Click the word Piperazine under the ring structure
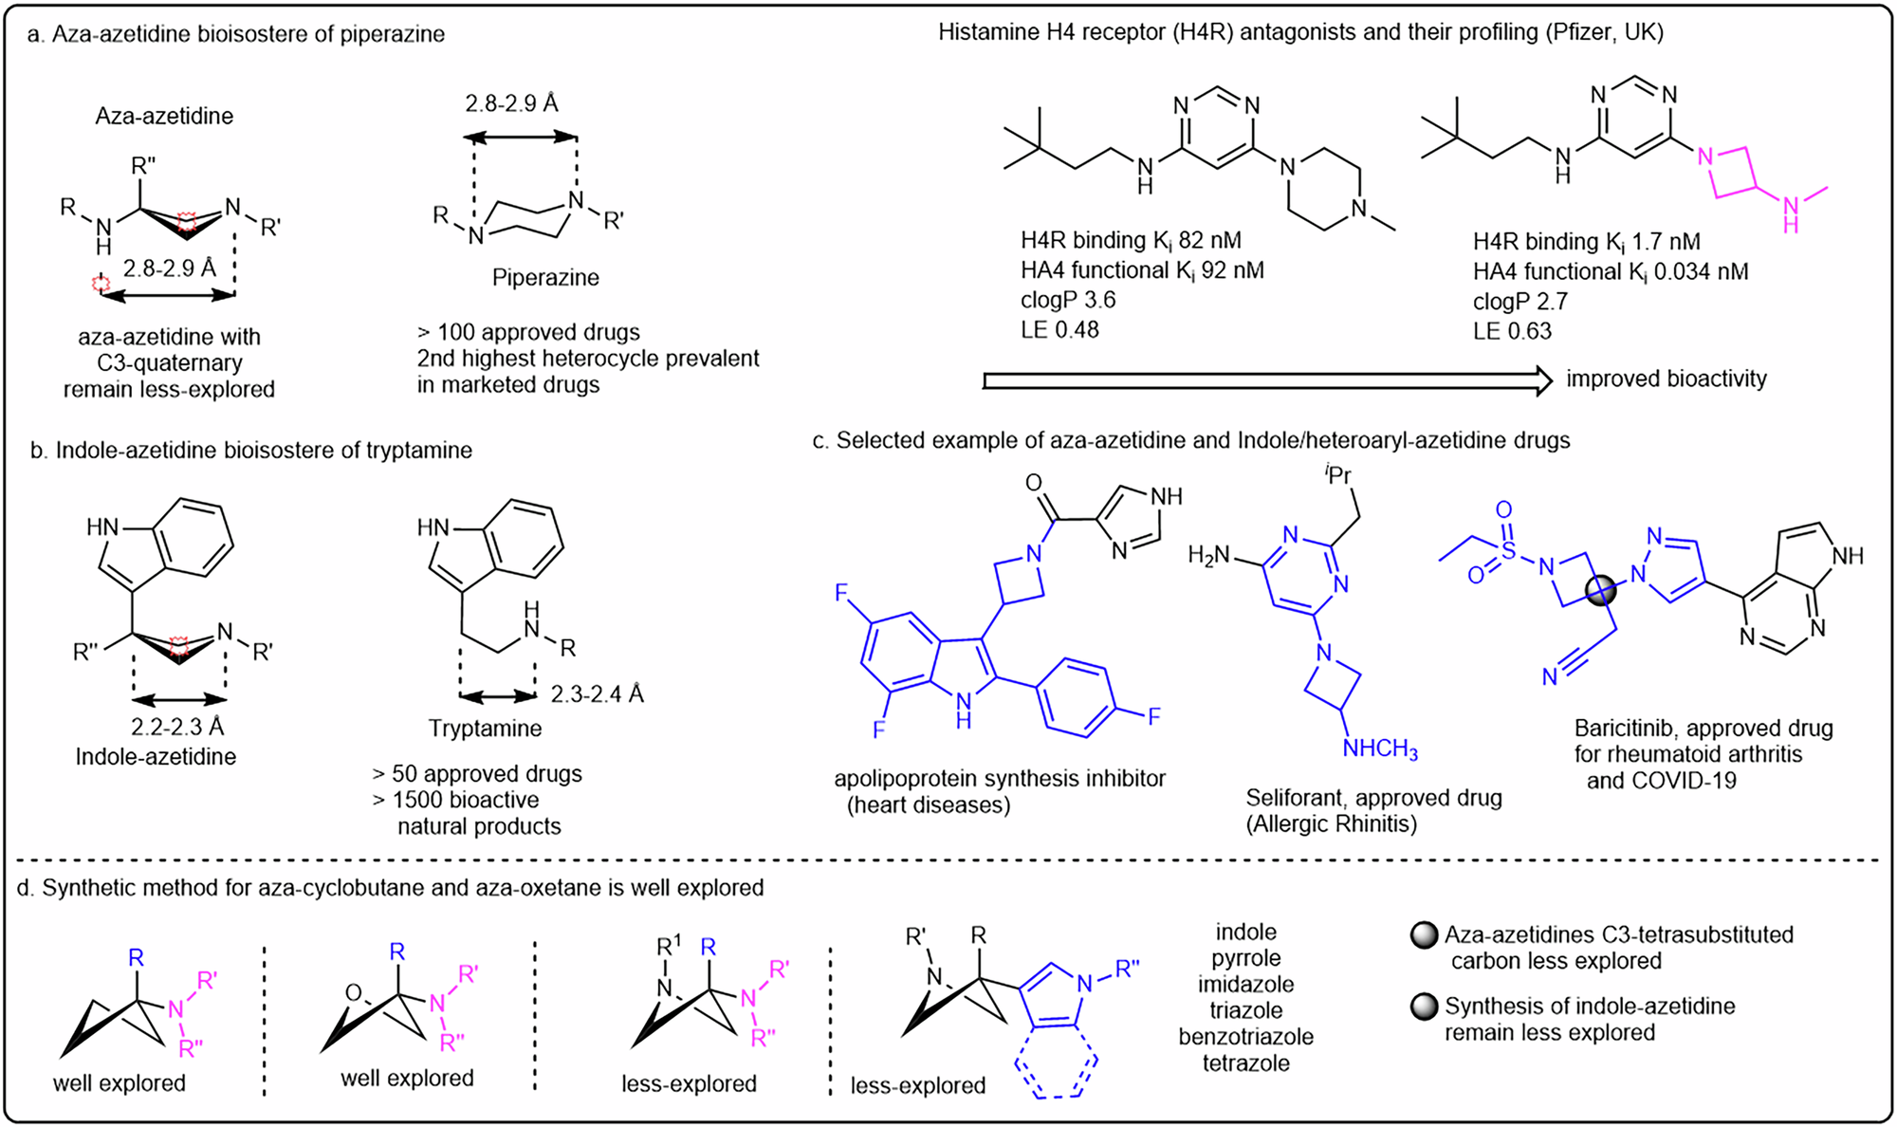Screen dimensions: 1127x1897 [545, 278]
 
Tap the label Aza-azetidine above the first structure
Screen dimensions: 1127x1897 [164, 117]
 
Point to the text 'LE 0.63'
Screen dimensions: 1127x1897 [1512, 331]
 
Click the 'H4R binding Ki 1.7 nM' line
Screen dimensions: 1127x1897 [1586, 242]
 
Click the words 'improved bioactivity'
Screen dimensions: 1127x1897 [1667, 379]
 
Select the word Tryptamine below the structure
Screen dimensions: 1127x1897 [485, 729]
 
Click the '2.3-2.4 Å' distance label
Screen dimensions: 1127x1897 [597, 694]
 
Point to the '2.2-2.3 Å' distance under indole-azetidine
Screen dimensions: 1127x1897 [178, 727]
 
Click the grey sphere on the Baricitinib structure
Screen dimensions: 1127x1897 [1600, 591]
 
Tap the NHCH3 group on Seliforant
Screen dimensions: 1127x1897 [1380, 749]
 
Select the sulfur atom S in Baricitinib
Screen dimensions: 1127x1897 [1508, 549]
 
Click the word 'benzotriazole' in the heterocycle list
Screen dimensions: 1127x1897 [1245, 1037]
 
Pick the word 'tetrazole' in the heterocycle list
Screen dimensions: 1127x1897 [1245, 1063]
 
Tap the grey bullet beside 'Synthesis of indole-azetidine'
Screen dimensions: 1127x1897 [1424, 1007]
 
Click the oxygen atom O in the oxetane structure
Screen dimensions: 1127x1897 [353, 993]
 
